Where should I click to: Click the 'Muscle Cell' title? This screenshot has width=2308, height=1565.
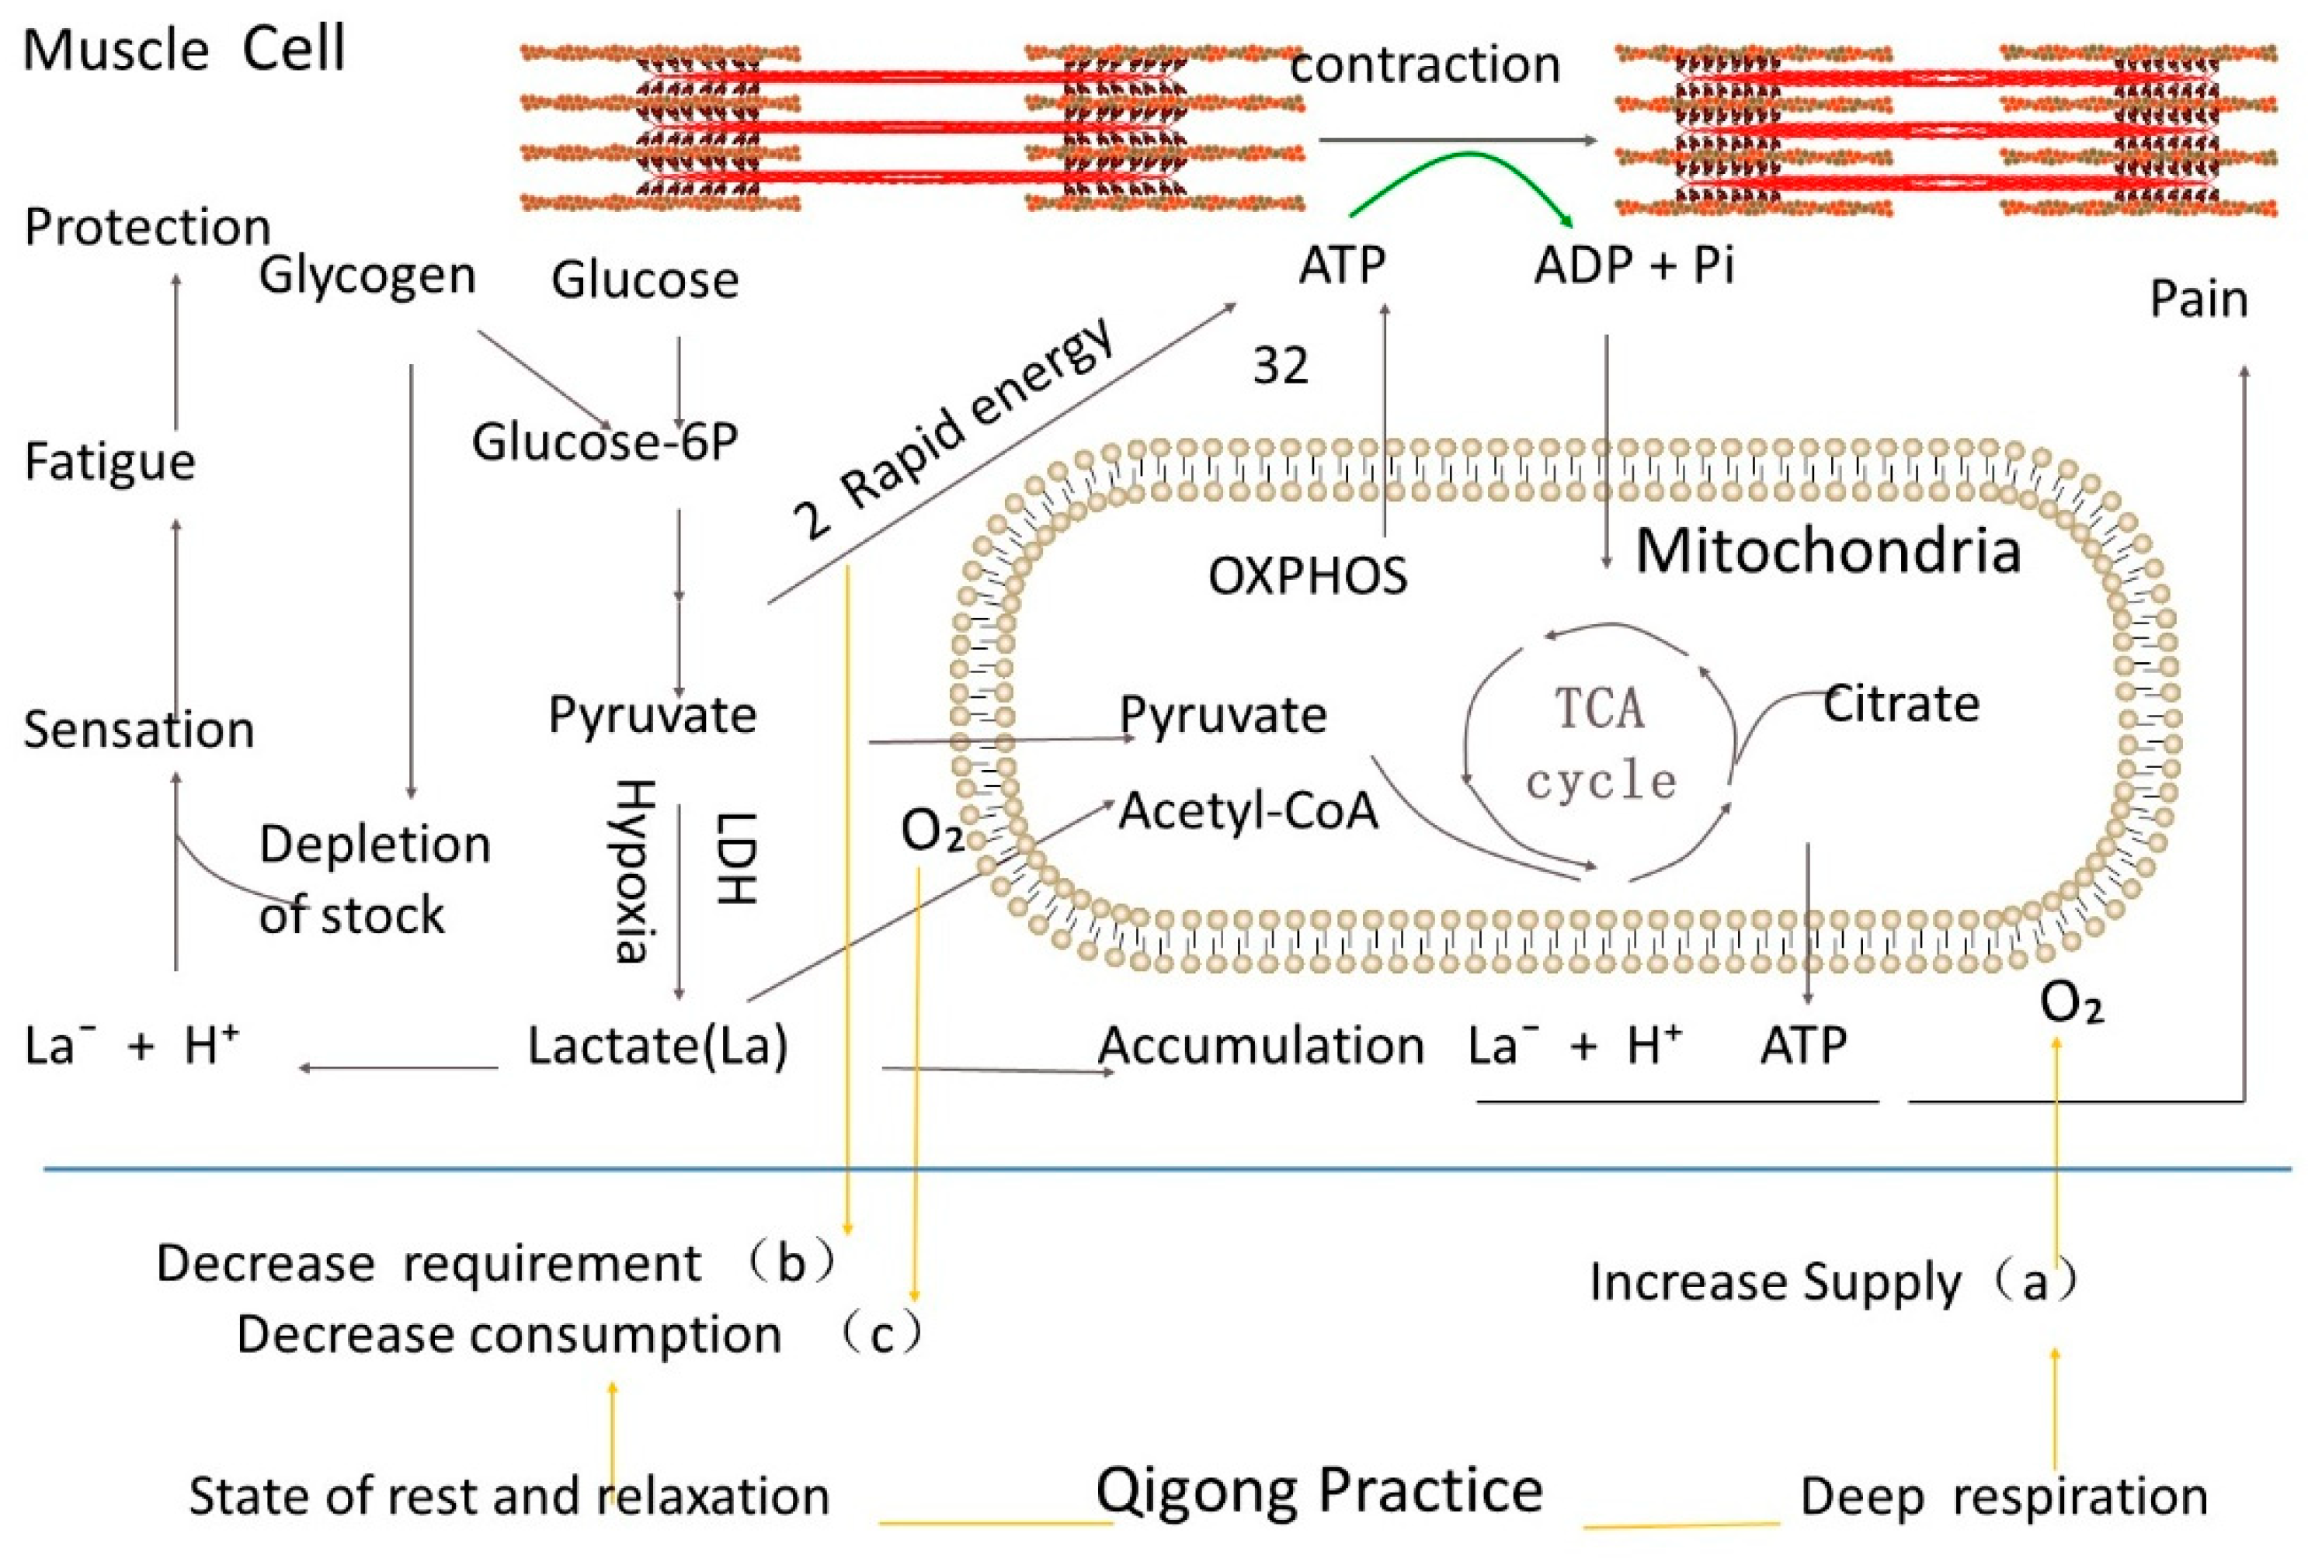point(184,50)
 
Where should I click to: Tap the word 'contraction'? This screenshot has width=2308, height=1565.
point(1424,65)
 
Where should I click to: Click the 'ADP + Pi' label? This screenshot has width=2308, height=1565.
point(1634,265)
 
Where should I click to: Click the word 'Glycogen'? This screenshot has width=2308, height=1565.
point(367,275)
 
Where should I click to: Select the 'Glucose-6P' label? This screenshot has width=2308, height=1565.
point(604,442)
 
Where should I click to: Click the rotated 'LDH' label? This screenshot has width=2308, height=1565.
point(736,858)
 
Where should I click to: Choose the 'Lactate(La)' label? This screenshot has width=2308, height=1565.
point(658,1046)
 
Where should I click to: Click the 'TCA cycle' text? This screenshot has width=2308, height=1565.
point(1600,744)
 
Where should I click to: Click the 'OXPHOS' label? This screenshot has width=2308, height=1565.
point(1307,576)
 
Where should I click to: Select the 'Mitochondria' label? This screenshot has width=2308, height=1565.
point(1827,551)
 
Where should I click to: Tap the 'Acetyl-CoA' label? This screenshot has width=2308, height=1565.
point(1248,811)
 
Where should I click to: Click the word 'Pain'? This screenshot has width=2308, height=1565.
point(2198,299)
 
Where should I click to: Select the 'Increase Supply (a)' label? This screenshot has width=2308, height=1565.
point(1832,1281)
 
